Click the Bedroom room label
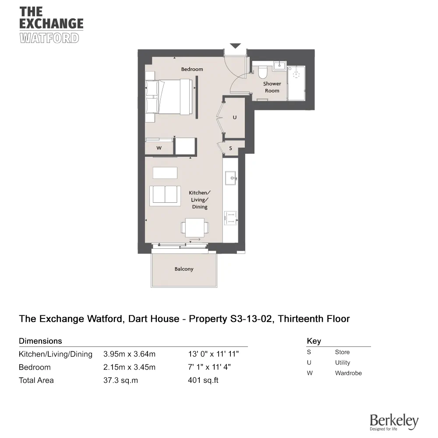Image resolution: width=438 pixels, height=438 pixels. pos(192,69)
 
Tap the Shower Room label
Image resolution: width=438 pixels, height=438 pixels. pos(272,87)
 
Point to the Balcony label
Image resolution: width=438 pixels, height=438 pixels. pos(184,269)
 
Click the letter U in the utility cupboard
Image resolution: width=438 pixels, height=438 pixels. pos(234,117)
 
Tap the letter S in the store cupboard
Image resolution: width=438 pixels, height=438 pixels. pos(231,148)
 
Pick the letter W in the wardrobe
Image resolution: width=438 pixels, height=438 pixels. pos(159,148)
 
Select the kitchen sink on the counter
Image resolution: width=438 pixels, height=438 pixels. pos(230,178)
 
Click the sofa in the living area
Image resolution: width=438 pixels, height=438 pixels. pos(165,195)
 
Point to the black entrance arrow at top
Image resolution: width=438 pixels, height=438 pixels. pos(236,46)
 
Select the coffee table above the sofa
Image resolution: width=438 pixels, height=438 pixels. pos(165,173)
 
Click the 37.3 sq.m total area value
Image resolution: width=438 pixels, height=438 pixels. pos(120,380)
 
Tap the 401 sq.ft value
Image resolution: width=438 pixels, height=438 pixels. pos(203,380)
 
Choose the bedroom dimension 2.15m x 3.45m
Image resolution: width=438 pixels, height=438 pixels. pos(129,367)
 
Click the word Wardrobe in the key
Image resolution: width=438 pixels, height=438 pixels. pos(348,373)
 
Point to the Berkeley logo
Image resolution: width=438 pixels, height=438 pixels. pos(394,421)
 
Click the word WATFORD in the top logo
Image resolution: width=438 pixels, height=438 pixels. pos(49,38)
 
